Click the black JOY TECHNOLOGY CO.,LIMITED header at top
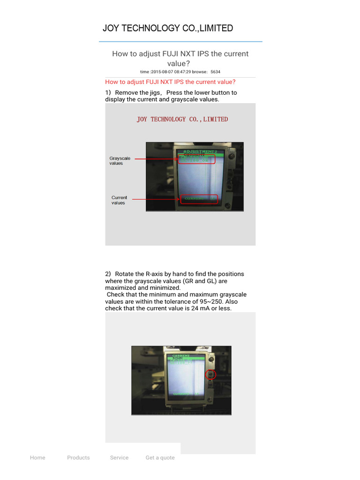(x=168, y=28)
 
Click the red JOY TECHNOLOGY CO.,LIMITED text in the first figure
(x=182, y=120)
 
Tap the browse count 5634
(x=215, y=72)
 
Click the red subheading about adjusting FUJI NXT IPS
(x=170, y=82)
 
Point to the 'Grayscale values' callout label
(x=120, y=161)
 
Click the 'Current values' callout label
(x=119, y=200)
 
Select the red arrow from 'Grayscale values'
(x=156, y=159)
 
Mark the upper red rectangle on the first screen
(x=196, y=159)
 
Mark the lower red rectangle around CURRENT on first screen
(x=199, y=199)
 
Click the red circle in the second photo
(x=210, y=374)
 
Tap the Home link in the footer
(x=37, y=457)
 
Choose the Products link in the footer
(x=78, y=457)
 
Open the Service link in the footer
(x=119, y=457)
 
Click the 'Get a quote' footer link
(x=160, y=457)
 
